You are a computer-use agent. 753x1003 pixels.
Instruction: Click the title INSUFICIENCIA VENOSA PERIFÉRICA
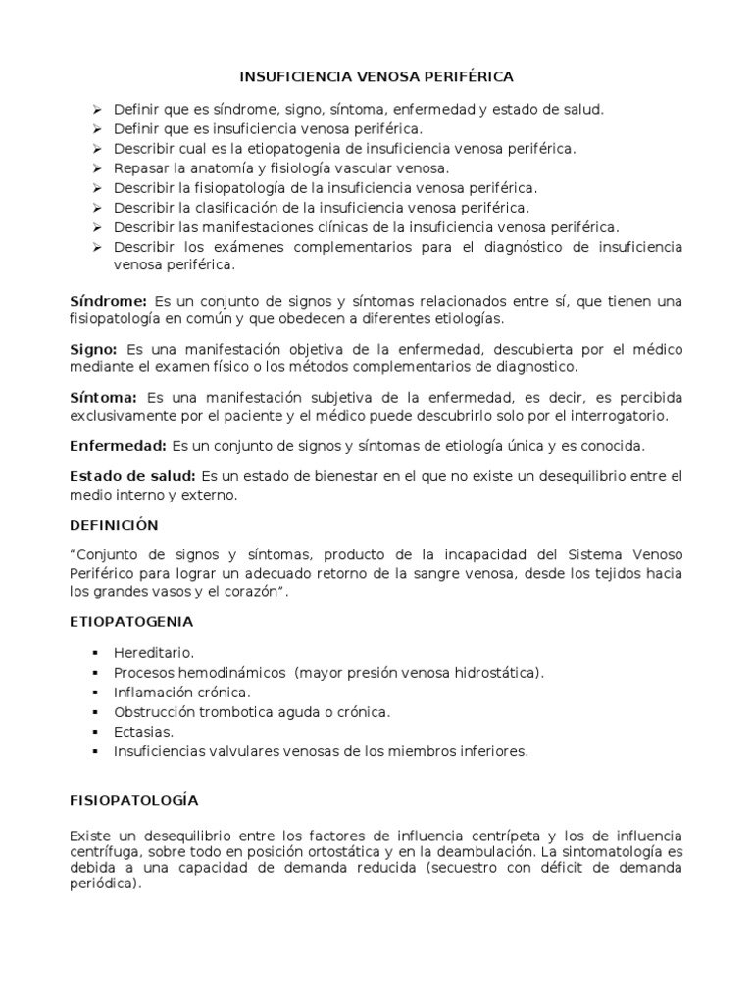(376, 75)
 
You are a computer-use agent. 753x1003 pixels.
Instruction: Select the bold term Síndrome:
(108, 300)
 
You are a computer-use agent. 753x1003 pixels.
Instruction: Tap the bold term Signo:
(94, 349)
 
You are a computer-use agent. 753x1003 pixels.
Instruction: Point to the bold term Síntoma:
(103, 397)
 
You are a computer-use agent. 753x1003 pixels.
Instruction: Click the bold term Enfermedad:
(118, 446)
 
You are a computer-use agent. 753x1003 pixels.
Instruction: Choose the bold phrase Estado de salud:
(132, 476)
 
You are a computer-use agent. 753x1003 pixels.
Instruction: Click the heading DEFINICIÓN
(114, 525)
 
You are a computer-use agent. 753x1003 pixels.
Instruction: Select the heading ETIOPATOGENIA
(131, 621)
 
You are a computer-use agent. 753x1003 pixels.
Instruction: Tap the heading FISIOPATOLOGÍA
(133, 800)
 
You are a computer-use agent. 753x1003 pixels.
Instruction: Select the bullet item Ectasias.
(143, 732)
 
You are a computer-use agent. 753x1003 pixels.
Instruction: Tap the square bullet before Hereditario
(96, 653)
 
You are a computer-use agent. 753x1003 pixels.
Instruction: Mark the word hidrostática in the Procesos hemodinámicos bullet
(497, 673)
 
